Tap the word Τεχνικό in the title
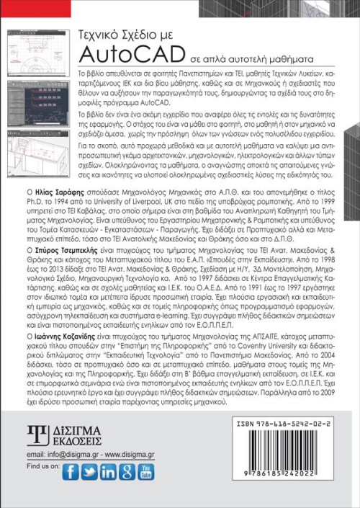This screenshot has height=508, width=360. tap(100, 33)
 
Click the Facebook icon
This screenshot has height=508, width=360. tap(70, 472)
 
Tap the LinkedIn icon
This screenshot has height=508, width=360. tap(109, 472)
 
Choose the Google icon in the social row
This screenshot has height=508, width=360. tap(127, 472)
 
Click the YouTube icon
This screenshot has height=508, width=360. tap(146, 472)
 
